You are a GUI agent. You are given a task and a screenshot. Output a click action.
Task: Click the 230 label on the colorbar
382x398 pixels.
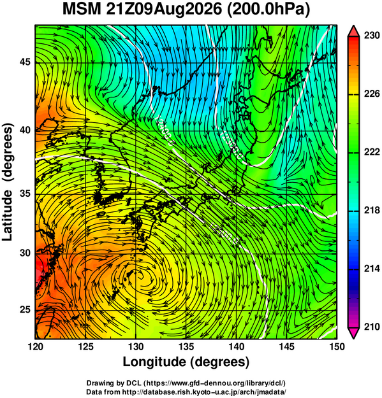(372, 36)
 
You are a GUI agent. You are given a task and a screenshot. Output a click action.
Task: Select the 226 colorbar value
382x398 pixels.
(372, 94)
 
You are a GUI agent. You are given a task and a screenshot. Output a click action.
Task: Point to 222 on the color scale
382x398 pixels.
(372, 152)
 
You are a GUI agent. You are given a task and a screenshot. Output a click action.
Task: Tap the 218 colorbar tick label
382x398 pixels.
(372, 210)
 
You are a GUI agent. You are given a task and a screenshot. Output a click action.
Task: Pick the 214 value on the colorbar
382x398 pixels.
(372, 269)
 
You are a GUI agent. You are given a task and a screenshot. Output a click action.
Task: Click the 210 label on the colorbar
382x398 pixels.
(372, 327)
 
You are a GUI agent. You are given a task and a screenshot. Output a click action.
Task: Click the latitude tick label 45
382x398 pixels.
(25, 62)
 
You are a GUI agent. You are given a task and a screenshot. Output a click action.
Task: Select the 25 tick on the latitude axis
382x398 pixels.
(25, 310)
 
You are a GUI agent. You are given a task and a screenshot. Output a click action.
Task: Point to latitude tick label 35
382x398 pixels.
(25, 194)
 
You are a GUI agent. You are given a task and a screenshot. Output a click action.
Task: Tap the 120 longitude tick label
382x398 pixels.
(35, 346)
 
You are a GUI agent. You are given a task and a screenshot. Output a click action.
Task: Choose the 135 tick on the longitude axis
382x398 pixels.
(186, 346)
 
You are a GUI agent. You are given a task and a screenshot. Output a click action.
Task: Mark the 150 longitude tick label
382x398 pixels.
(337, 346)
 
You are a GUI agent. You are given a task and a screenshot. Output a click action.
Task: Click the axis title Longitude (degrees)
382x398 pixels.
(186, 362)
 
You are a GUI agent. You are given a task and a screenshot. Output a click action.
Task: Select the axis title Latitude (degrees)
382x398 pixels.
(8, 182)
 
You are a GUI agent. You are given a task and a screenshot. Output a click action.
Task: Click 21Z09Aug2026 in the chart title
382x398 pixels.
(164, 10)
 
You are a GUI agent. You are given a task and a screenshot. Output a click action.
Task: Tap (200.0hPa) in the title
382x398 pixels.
(268, 10)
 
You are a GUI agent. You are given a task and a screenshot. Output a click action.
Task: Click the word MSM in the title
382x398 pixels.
(82, 10)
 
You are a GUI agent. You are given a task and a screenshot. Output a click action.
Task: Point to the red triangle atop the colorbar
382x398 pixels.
(354, 31)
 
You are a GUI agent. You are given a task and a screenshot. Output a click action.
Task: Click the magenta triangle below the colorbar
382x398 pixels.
(354, 333)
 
